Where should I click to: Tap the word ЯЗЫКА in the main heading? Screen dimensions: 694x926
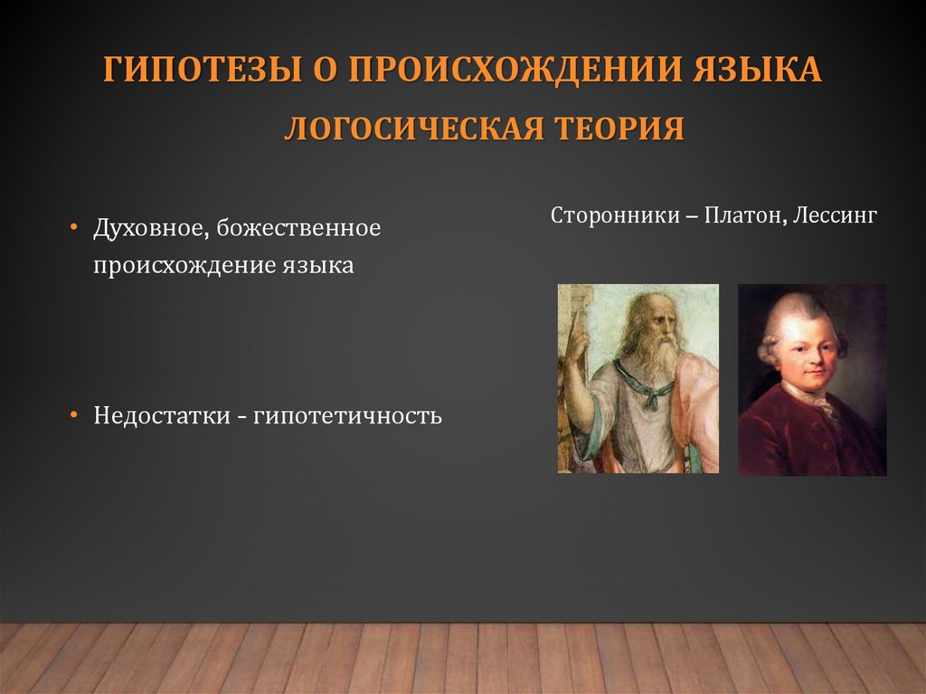[x=758, y=71]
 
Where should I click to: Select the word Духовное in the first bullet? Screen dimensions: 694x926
[x=148, y=228]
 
